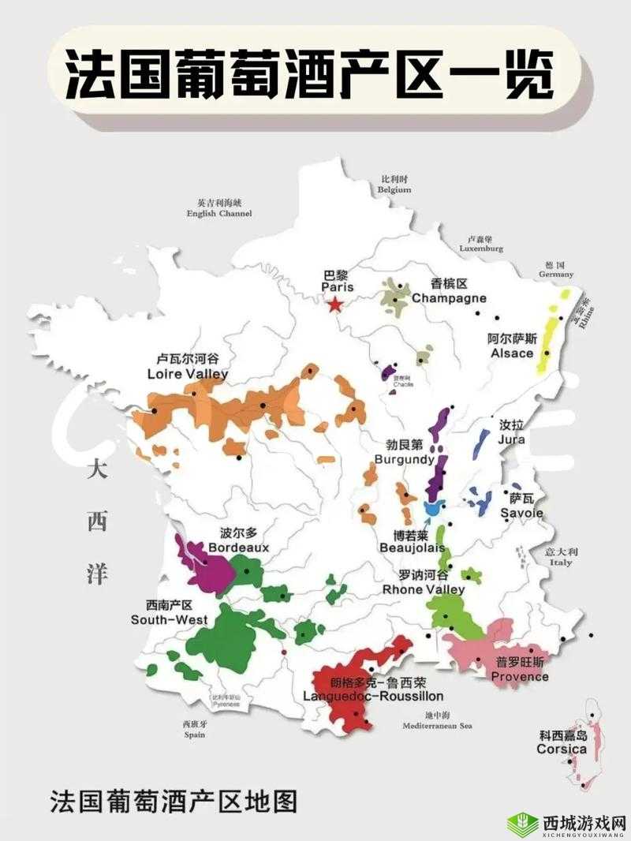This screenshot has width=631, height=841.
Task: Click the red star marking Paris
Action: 335,305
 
